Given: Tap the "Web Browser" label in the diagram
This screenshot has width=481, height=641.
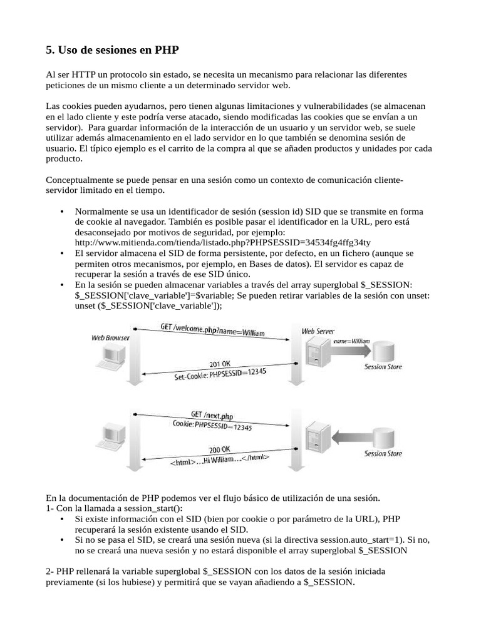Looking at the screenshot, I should coord(111,337).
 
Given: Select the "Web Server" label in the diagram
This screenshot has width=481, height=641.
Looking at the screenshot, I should coord(318,331).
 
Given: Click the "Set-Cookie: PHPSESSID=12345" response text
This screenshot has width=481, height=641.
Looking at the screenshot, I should coord(212,374).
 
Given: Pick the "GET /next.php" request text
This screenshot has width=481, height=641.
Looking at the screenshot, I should coord(212,416).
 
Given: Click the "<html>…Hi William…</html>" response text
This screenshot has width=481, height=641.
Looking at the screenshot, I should coord(219,459).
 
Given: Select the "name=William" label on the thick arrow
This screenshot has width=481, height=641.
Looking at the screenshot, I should coord(351,341).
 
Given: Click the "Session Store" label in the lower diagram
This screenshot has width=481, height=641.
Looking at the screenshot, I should coord(383,454).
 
